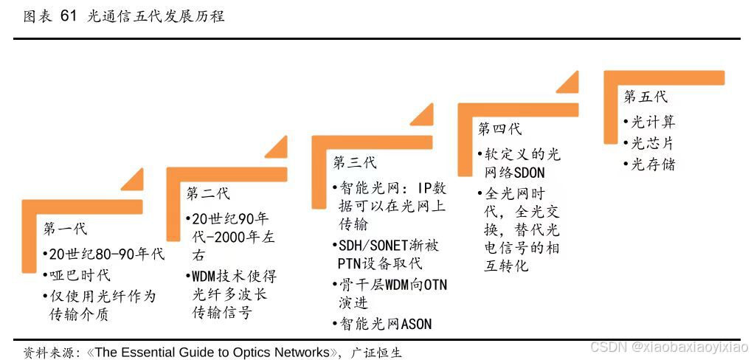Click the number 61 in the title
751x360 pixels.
pos(68,15)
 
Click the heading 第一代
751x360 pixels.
pos(65,228)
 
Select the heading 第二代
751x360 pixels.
pos(207,193)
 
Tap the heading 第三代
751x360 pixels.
pos(354,162)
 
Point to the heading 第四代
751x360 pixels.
pos(499,129)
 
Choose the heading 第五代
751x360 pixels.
pos(646,96)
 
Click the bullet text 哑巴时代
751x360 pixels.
pos(79,275)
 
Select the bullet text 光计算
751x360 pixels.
pos(653,122)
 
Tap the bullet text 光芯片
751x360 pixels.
pos(653,143)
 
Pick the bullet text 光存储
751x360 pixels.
pos(653,164)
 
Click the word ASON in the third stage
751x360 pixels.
pos(416,324)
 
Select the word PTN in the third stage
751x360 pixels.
pos(351,263)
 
